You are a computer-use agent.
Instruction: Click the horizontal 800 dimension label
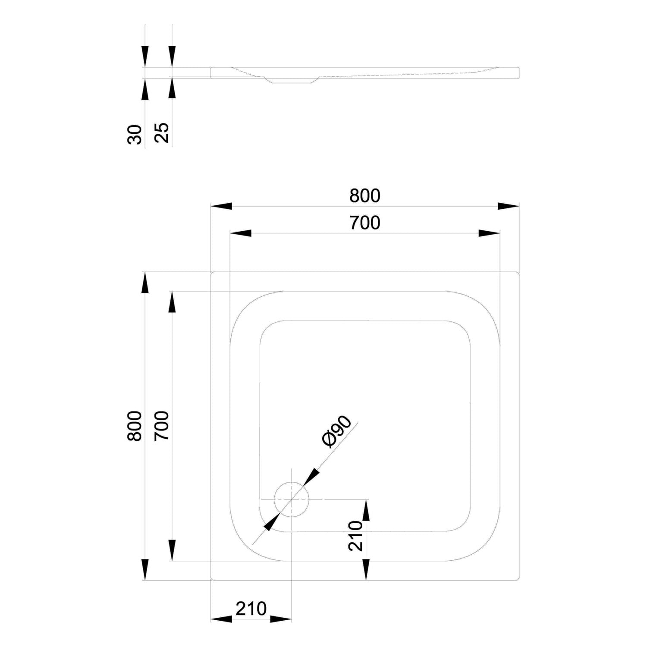(x=365, y=196)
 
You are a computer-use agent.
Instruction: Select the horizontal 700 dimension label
(x=365, y=223)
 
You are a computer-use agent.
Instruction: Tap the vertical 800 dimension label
(x=135, y=426)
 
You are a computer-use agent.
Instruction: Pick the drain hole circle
(x=292, y=499)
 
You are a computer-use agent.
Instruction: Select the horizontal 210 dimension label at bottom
(x=251, y=609)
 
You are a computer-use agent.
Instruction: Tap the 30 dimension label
(x=135, y=134)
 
